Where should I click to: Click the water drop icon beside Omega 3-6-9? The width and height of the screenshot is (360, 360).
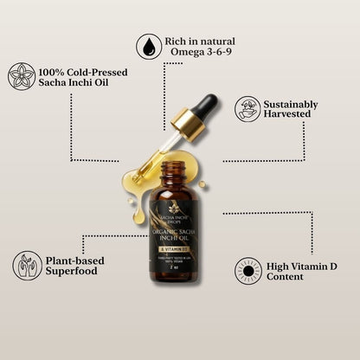tap(150, 47)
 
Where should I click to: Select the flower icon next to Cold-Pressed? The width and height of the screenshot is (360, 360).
tap(22, 75)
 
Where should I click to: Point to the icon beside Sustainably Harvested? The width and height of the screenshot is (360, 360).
tap(247, 109)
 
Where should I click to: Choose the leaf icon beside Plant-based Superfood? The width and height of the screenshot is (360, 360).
tap(27, 265)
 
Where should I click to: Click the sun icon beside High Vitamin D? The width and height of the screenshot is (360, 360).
tap(247, 271)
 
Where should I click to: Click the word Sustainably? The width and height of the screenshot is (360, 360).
tap(291, 105)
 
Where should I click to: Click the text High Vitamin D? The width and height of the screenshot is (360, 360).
tap(302, 265)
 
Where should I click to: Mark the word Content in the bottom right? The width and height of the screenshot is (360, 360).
tap(285, 277)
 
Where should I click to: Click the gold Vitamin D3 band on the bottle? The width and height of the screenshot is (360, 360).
tap(180, 249)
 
